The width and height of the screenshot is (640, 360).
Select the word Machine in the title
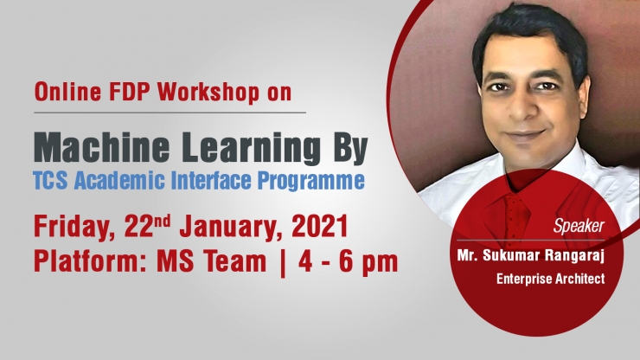coord(102,147)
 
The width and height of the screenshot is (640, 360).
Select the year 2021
coord(320,227)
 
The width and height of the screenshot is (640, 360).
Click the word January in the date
coord(231,228)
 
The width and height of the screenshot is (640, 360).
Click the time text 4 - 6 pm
coord(349,262)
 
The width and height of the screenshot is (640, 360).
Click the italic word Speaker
coord(579,226)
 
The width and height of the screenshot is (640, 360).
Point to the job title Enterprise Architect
coord(551,279)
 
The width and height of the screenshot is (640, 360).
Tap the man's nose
coord(518,107)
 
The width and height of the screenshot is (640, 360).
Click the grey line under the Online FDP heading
coord(170,112)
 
